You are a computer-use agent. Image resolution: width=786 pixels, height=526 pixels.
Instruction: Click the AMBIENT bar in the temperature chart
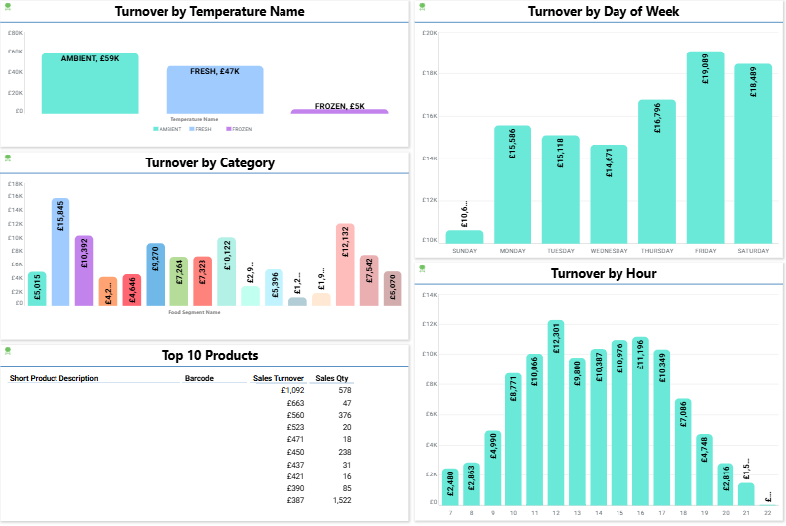tap(89, 83)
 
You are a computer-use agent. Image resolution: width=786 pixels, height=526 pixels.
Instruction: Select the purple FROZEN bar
tap(339, 111)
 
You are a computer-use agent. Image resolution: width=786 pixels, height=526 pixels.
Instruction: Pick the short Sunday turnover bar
tap(464, 237)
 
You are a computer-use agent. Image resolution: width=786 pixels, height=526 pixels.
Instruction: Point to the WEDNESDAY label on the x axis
tap(609, 250)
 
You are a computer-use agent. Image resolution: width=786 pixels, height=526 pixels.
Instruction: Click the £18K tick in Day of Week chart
tap(430, 73)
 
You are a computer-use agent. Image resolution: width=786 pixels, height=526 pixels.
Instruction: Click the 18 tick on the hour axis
tap(682, 512)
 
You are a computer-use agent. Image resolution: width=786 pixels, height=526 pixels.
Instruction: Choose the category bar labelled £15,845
tap(60, 252)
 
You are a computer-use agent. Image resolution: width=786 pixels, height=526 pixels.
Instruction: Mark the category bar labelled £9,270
tap(155, 274)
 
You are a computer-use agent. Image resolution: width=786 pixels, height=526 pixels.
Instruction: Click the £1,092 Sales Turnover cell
tap(292, 391)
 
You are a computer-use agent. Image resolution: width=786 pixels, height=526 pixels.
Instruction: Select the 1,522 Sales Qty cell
tap(338, 500)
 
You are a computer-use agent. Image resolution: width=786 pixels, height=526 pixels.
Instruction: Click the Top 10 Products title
tap(209, 355)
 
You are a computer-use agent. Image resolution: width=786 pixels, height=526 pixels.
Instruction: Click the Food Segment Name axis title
tap(194, 312)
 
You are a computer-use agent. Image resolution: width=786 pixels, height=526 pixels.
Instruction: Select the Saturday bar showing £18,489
tap(752, 154)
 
